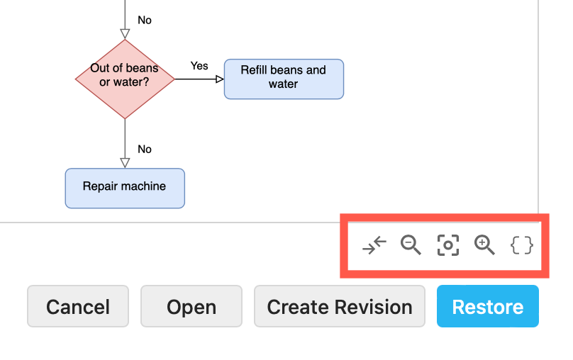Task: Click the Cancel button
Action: (78, 306)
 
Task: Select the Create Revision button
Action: (340, 306)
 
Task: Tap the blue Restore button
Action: (488, 306)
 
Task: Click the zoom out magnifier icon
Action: (411, 245)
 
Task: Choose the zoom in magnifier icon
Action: (484, 245)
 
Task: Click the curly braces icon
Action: (522, 245)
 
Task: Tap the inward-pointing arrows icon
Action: (374, 245)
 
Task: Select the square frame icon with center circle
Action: (447, 245)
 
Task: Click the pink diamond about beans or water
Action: (125, 79)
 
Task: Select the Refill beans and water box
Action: (284, 79)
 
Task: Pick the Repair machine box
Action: (125, 188)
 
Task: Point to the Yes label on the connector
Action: (199, 66)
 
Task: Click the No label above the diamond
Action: (145, 20)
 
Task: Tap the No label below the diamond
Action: (145, 149)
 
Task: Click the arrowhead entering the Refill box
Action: (219, 79)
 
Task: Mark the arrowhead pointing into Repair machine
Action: (125, 163)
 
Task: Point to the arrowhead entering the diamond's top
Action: (125, 33)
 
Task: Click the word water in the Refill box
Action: (283, 84)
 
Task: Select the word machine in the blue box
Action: (143, 186)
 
